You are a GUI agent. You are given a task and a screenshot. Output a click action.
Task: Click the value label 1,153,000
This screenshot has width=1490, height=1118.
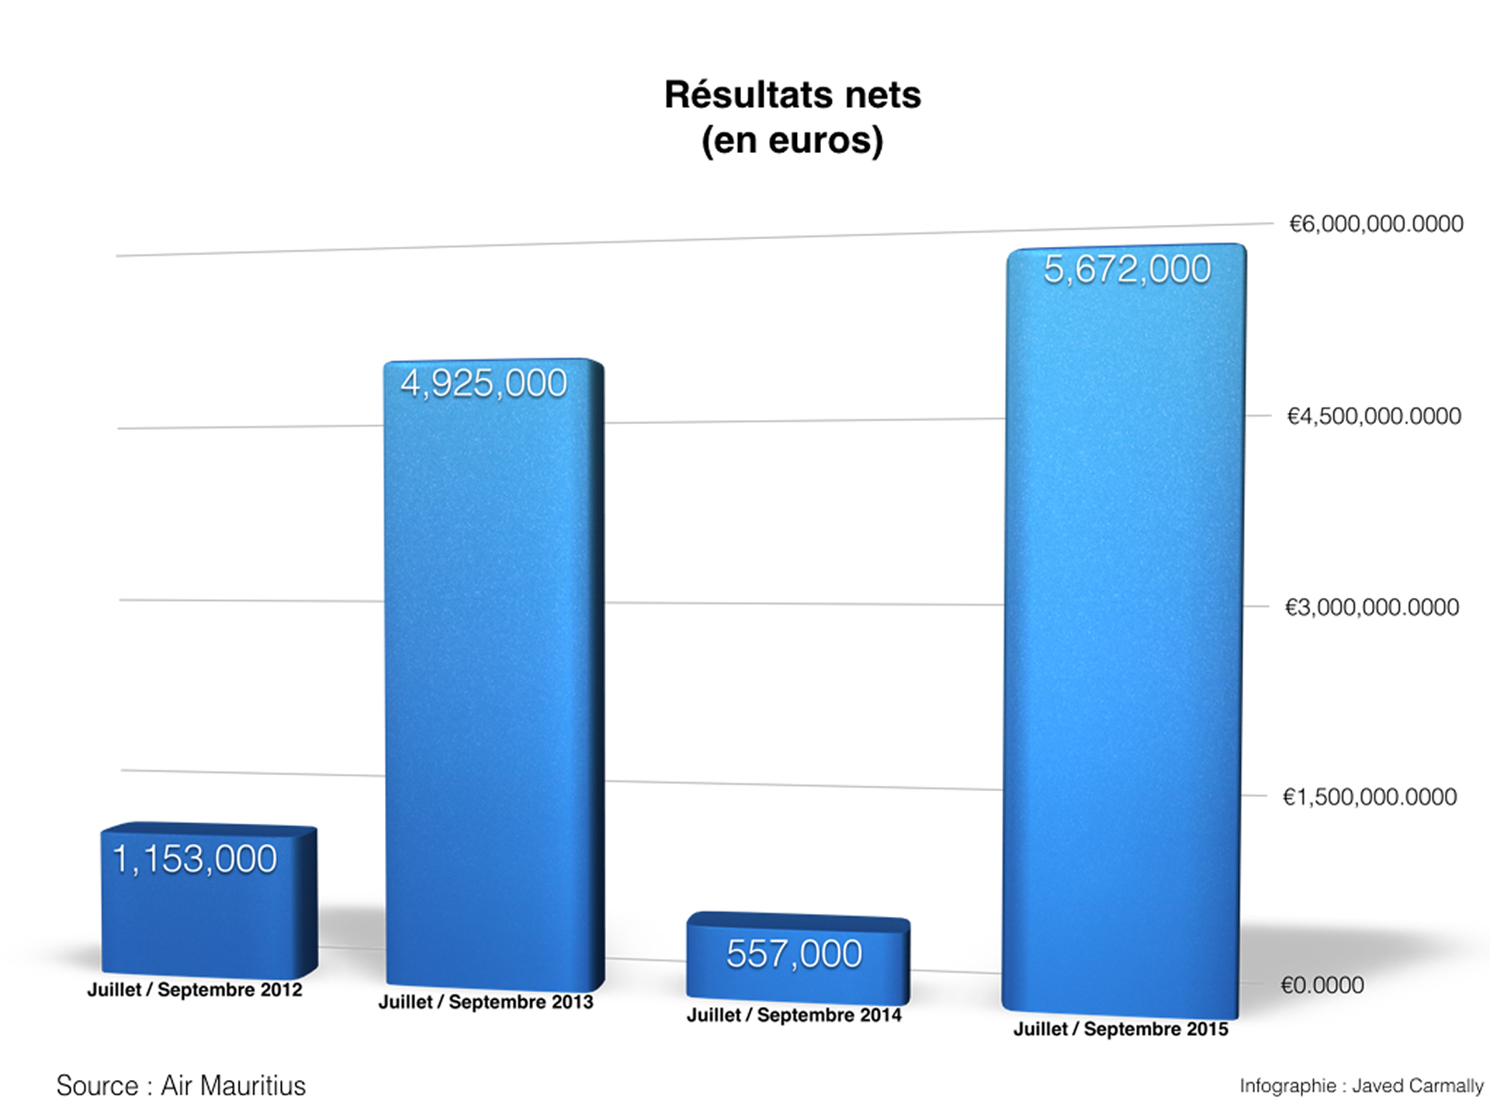(195, 859)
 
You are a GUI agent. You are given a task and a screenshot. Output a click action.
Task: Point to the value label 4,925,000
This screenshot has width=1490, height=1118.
(483, 384)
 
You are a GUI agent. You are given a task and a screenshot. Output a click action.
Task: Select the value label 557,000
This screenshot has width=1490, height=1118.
(794, 954)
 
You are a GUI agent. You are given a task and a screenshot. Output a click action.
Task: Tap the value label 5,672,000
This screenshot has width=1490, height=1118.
(1127, 269)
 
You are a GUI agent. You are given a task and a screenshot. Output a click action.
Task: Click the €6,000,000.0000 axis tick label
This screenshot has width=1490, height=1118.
(1376, 224)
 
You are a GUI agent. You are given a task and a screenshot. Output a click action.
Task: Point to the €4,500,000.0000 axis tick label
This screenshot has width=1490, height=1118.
(1374, 416)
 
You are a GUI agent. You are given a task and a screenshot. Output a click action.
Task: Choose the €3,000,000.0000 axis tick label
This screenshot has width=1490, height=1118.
(1371, 607)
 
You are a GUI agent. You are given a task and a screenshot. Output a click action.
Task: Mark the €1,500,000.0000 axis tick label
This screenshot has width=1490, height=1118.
(1369, 797)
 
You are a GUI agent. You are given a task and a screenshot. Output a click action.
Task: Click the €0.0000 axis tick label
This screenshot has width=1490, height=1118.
(1322, 985)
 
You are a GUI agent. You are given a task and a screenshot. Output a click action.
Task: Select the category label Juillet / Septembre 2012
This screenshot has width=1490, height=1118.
(195, 990)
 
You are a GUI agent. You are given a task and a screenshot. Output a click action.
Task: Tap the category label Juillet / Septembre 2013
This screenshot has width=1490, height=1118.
(486, 1002)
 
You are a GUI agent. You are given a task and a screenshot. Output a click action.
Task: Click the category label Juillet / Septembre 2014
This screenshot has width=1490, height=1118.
(794, 1016)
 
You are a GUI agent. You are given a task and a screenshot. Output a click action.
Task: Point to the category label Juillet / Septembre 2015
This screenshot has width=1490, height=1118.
(1121, 1029)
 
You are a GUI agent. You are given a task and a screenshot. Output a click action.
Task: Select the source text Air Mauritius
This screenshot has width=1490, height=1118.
(233, 1085)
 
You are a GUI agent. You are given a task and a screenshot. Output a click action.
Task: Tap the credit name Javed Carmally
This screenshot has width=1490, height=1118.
(1417, 1086)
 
